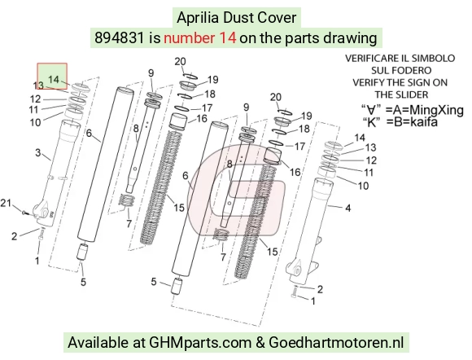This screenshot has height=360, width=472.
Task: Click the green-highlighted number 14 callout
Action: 54,80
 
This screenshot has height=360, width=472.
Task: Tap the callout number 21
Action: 6,204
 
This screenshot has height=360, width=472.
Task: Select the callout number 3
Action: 38,152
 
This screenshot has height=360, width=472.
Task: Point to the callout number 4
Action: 348,208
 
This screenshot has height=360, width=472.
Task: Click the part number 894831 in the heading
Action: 119,38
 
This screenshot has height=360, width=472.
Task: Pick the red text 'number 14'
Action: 199,38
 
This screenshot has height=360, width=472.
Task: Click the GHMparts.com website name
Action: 200,343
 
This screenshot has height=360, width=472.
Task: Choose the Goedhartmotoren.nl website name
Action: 336,343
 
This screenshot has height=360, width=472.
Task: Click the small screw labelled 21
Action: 24,213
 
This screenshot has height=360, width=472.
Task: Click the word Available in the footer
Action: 98,343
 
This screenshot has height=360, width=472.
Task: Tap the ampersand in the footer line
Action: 260,343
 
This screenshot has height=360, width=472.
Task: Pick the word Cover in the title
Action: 279,18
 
